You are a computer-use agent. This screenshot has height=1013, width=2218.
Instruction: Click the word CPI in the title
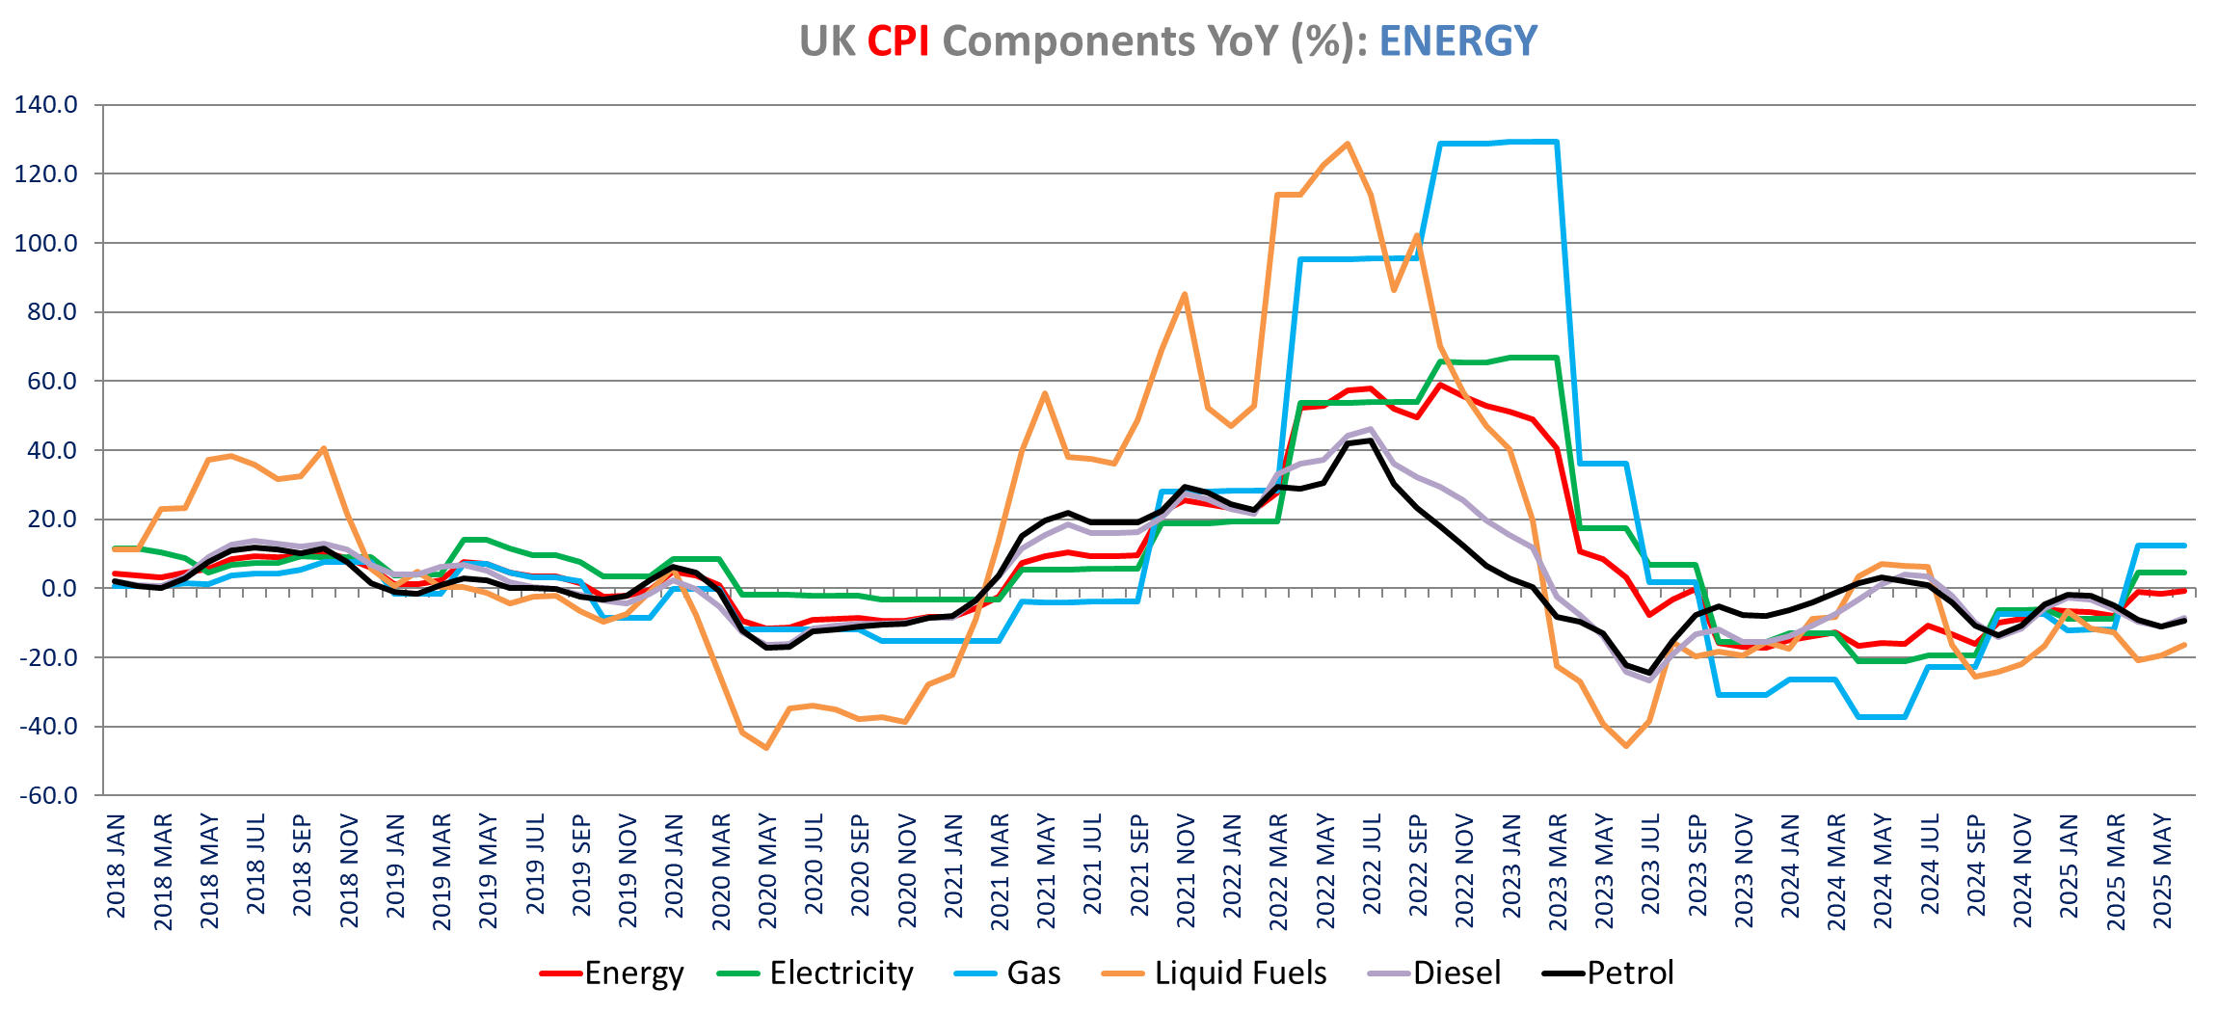click(x=897, y=41)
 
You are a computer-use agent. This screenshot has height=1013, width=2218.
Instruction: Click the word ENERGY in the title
click(x=1457, y=41)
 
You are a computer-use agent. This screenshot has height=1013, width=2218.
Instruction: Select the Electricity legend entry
click(x=841, y=973)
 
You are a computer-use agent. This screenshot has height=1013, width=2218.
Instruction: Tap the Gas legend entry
click(x=1033, y=973)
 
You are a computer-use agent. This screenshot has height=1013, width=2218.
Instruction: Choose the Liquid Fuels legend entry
click(x=1240, y=973)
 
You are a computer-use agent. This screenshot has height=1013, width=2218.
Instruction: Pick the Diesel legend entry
click(x=1456, y=973)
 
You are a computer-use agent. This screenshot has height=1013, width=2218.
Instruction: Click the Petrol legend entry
click(x=1630, y=973)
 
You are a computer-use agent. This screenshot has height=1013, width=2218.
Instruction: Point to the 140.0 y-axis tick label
click(x=46, y=105)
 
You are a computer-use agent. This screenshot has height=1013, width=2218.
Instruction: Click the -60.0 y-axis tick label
click(x=46, y=796)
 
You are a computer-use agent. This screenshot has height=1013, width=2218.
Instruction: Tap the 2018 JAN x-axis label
click(x=117, y=866)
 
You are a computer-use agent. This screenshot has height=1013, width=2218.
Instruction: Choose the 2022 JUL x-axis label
click(x=1373, y=865)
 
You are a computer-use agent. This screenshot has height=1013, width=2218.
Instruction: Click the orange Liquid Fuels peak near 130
click(x=1348, y=144)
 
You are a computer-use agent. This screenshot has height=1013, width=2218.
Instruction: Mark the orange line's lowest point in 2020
click(x=766, y=748)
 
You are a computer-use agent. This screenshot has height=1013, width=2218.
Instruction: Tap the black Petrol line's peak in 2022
click(x=1371, y=440)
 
